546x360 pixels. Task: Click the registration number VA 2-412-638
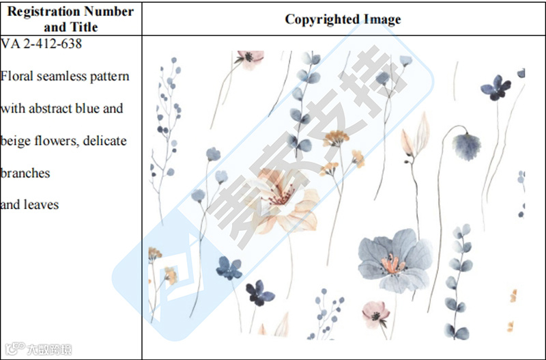(42, 44)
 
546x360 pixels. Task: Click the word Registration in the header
(41, 12)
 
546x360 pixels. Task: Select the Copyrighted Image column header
(343, 19)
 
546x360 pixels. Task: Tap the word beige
(17, 141)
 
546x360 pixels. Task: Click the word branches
(25, 173)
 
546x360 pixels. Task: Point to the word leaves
(41, 204)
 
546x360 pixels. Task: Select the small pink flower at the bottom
(376, 313)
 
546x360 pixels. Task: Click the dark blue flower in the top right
(495, 87)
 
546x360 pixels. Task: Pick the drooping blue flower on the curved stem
(467, 143)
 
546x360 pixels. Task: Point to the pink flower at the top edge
(250, 58)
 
